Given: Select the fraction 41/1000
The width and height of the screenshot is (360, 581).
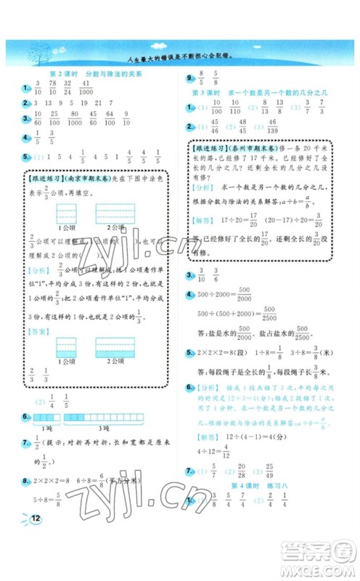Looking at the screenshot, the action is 84,89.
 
